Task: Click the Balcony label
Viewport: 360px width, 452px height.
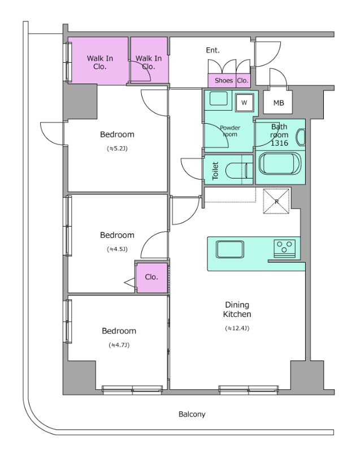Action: click(x=192, y=414)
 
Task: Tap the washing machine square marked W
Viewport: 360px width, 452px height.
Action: click(x=244, y=102)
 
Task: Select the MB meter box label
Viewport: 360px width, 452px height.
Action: click(x=279, y=103)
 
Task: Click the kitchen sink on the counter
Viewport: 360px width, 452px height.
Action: click(x=230, y=249)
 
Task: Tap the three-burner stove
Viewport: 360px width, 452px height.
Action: click(x=284, y=248)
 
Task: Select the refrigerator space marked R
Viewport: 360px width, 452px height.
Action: click(x=276, y=201)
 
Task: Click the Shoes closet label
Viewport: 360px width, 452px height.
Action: click(x=224, y=80)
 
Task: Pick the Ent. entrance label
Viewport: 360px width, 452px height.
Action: click(x=212, y=50)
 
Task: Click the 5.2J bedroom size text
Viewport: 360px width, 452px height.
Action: click(x=118, y=149)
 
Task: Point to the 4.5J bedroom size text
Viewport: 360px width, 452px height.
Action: click(x=117, y=249)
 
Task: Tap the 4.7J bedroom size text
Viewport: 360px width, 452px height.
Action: click(x=119, y=345)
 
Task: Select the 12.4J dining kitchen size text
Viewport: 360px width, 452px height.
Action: click(x=237, y=328)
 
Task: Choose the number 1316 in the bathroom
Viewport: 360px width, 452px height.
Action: click(x=279, y=143)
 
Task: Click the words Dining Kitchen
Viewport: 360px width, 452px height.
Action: click(x=237, y=309)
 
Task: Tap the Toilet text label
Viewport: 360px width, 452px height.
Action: click(x=215, y=171)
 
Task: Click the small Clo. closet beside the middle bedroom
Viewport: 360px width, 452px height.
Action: click(x=151, y=277)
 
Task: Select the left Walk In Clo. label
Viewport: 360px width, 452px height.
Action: click(x=99, y=62)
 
